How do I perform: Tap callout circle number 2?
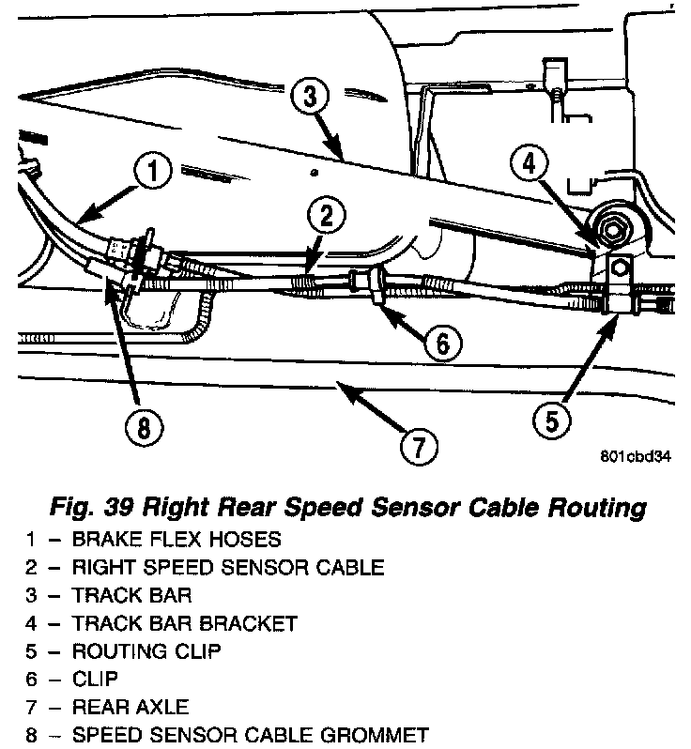pyautogui.click(x=324, y=218)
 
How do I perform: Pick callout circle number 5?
pyautogui.click(x=551, y=420)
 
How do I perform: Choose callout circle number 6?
pyautogui.click(x=441, y=343)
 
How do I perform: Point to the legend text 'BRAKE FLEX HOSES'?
pyautogui.click(x=176, y=540)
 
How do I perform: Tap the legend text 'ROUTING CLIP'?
pyautogui.click(x=147, y=650)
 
